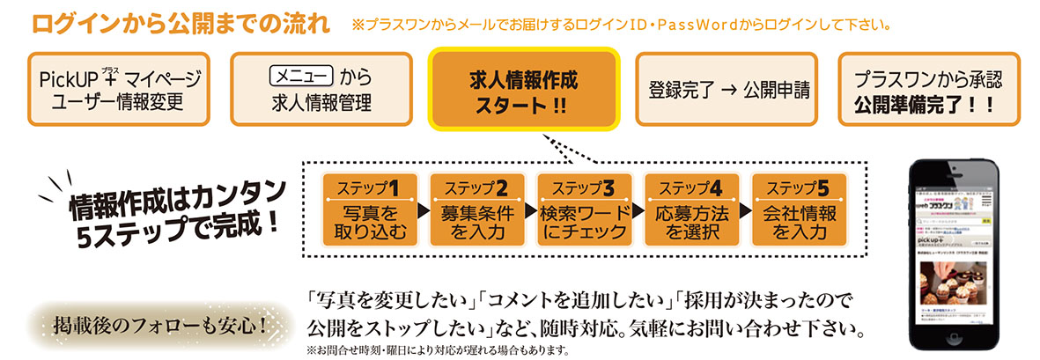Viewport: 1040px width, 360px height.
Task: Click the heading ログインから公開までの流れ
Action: coord(181,23)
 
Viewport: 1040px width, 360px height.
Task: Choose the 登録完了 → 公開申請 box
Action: coord(727,91)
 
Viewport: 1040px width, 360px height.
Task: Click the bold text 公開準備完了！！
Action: coord(926,104)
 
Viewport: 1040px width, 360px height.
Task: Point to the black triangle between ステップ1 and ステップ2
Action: coord(424,213)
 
